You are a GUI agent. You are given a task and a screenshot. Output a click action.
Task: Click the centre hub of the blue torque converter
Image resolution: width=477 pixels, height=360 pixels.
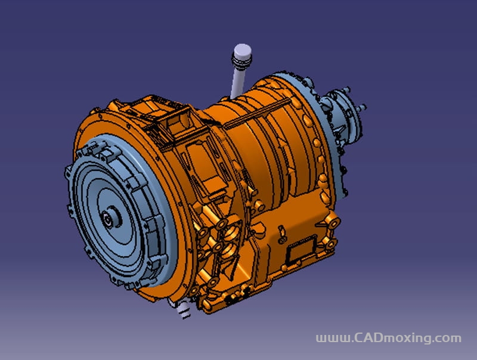110,218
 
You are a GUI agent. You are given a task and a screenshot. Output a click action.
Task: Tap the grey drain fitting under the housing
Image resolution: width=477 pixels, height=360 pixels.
182,309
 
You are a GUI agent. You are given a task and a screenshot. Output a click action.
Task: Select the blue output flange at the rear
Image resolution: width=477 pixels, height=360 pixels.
344,117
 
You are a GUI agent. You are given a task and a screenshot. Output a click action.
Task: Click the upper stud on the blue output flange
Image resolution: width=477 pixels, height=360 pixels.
346,89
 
